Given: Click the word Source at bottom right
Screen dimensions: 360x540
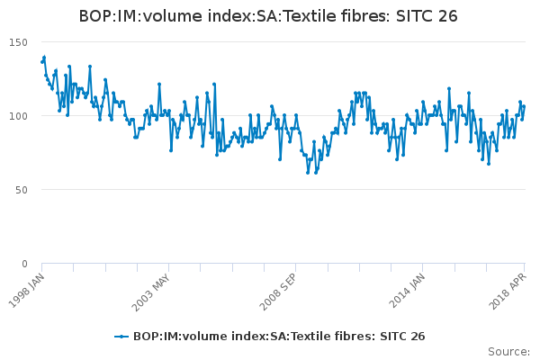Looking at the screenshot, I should pyautogui.click(x=507, y=351).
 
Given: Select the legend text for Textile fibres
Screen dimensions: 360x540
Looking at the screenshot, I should pyautogui.click(x=278, y=337).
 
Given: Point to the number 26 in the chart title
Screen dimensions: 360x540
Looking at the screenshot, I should pyautogui.click(x=448, y=16).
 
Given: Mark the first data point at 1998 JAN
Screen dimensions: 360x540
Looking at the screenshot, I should pyautogui.click(x=42, y=62).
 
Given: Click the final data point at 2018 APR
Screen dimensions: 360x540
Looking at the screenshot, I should pyautogui.click(x=524, y=107).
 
